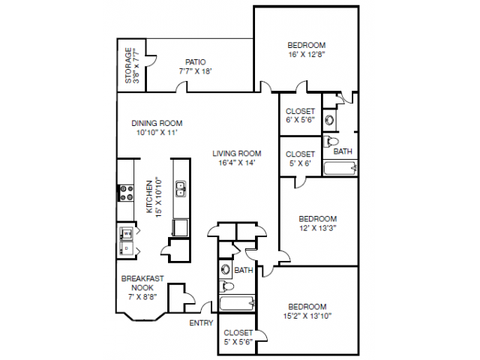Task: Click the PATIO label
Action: coord(195,62)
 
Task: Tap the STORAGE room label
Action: coord(128,65)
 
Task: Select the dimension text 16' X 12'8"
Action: coord(307,55)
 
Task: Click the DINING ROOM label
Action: coord(157,123)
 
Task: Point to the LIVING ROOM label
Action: coord(237,153)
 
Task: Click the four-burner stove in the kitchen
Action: coord(126,193)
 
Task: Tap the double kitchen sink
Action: coord(181,188)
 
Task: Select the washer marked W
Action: coord(127,233)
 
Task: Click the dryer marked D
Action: coord(126,248)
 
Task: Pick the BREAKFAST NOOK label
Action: coord(142,283)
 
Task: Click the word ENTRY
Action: coord(201,323)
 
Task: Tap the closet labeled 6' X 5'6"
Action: coord(300,114)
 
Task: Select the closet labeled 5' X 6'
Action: coord(300,157)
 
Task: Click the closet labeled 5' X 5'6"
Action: coord(238,334)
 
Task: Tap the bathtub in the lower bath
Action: coord(237,303)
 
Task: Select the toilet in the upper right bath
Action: coord(331,142)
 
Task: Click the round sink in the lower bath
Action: coord(226,270)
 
